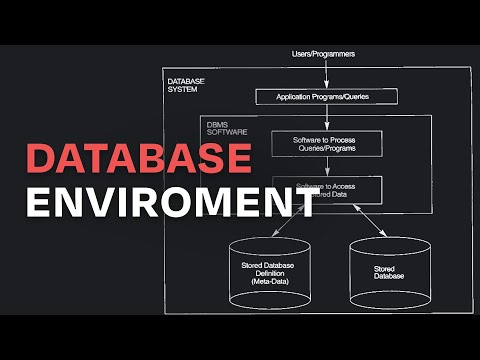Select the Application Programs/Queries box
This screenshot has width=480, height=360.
[327, 97]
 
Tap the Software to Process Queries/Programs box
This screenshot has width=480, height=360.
[327, 143]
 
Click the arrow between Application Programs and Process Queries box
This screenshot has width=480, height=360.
[327, 117]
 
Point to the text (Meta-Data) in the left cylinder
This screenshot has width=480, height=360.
[269, 285]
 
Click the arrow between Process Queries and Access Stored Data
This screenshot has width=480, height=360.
[327, 166]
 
